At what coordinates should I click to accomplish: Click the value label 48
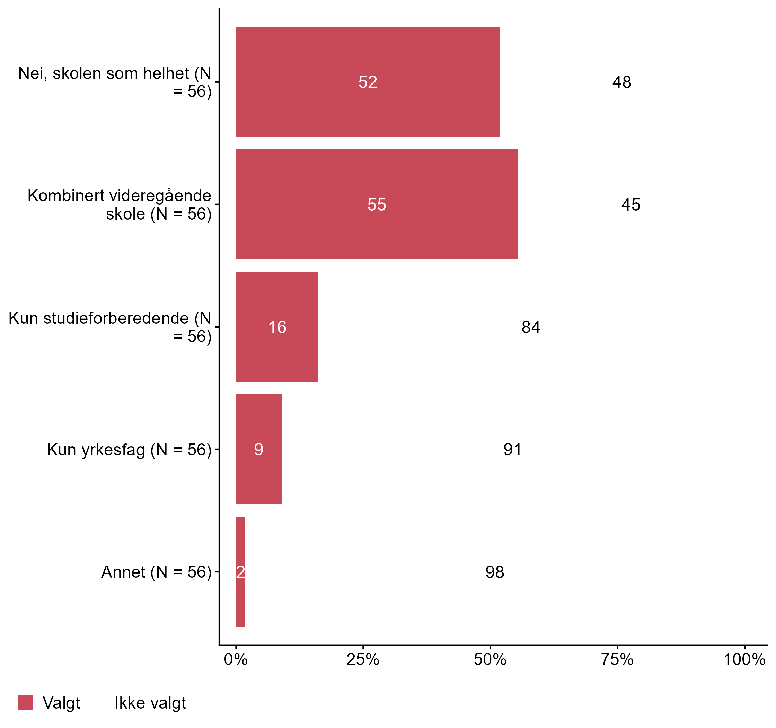(x=621, y=82)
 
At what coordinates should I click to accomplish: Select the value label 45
(x=631, y=205)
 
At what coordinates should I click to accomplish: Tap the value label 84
(x=531, y=327)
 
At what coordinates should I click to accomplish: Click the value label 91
(x=512, y=450)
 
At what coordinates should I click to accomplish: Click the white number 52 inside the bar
(x=368, y=82)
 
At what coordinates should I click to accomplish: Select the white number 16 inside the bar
(x=277, y=327)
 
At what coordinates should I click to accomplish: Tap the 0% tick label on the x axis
(x=236, y=659)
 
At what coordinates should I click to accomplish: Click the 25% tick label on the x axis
(x=363, y=659)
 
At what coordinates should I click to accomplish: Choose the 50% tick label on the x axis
(x=490, y=659)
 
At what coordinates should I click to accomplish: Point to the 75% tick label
(x=617, y=659)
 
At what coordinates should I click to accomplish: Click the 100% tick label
(x=744, y=659)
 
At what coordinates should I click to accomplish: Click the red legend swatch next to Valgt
(x=26, y=703)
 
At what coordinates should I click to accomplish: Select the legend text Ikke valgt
(x=150, y=703)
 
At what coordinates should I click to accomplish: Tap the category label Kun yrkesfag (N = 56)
(x=129, y=450)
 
